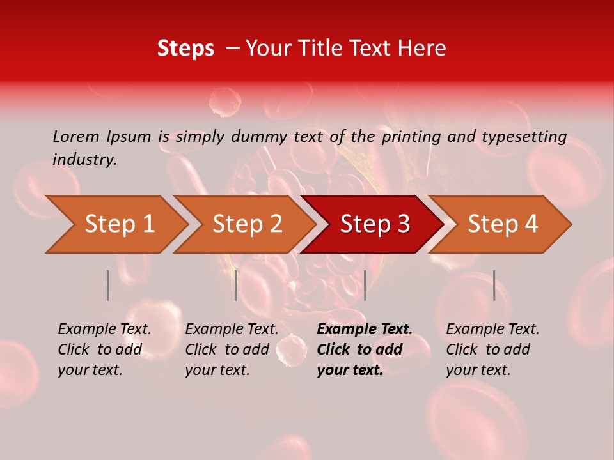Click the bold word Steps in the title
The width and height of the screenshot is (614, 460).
185,49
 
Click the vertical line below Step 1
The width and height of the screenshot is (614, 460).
108,285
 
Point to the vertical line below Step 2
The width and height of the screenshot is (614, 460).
236,285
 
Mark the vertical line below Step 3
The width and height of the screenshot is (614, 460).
365,285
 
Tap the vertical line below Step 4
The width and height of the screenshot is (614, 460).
494,285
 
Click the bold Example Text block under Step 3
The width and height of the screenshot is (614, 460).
365,349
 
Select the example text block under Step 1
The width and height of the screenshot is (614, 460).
104,349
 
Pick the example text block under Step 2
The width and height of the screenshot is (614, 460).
232,349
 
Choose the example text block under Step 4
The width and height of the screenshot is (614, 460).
492,349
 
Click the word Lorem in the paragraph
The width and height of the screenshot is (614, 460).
76,136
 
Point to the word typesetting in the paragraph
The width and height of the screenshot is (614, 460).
524,137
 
